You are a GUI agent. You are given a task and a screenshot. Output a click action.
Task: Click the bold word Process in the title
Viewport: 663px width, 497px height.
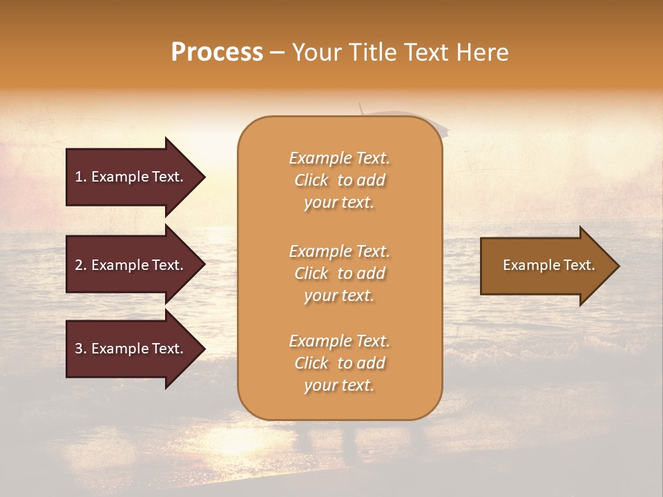coord(217,52)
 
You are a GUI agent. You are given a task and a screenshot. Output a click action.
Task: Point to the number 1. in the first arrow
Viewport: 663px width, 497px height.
coord(81,177)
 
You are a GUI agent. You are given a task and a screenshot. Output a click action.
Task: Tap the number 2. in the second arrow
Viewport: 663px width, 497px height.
coord(81,265)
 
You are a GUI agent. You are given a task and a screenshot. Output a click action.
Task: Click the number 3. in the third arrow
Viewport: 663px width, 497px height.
coord(81,349)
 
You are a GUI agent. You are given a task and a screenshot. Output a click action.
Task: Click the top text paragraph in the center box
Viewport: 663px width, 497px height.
coord(339,180)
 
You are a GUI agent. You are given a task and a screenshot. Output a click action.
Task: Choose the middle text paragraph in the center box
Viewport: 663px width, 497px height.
coord(339,273)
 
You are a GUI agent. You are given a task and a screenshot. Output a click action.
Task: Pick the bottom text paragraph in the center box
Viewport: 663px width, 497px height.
coord(339,363)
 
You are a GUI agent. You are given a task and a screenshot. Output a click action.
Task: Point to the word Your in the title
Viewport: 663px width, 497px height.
coord(315,52)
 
